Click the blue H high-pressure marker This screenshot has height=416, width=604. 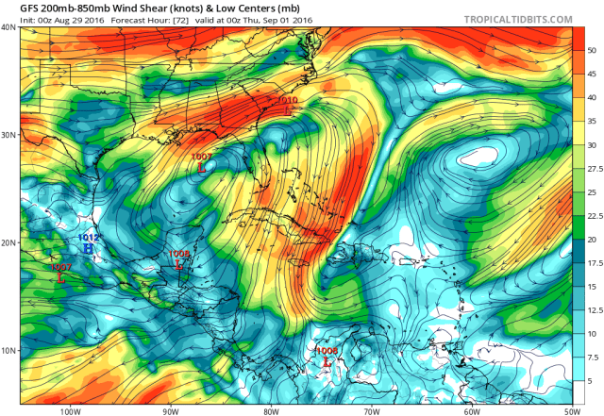(x=88, y=248)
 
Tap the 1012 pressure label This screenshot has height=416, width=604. (x=88, y=237)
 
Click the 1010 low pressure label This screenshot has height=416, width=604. (x=287, y=99)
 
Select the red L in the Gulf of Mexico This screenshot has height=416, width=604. (x=202, y=167)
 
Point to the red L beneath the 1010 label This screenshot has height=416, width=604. (x=287, y=110)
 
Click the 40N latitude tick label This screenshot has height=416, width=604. (x=9, y=27)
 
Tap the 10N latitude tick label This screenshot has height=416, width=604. (x=9, y=350)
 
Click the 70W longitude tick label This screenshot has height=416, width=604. (x=371, y=411)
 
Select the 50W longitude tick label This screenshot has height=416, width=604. (x=571, y=411)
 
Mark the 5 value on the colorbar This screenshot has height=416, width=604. (x=590, y=381)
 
